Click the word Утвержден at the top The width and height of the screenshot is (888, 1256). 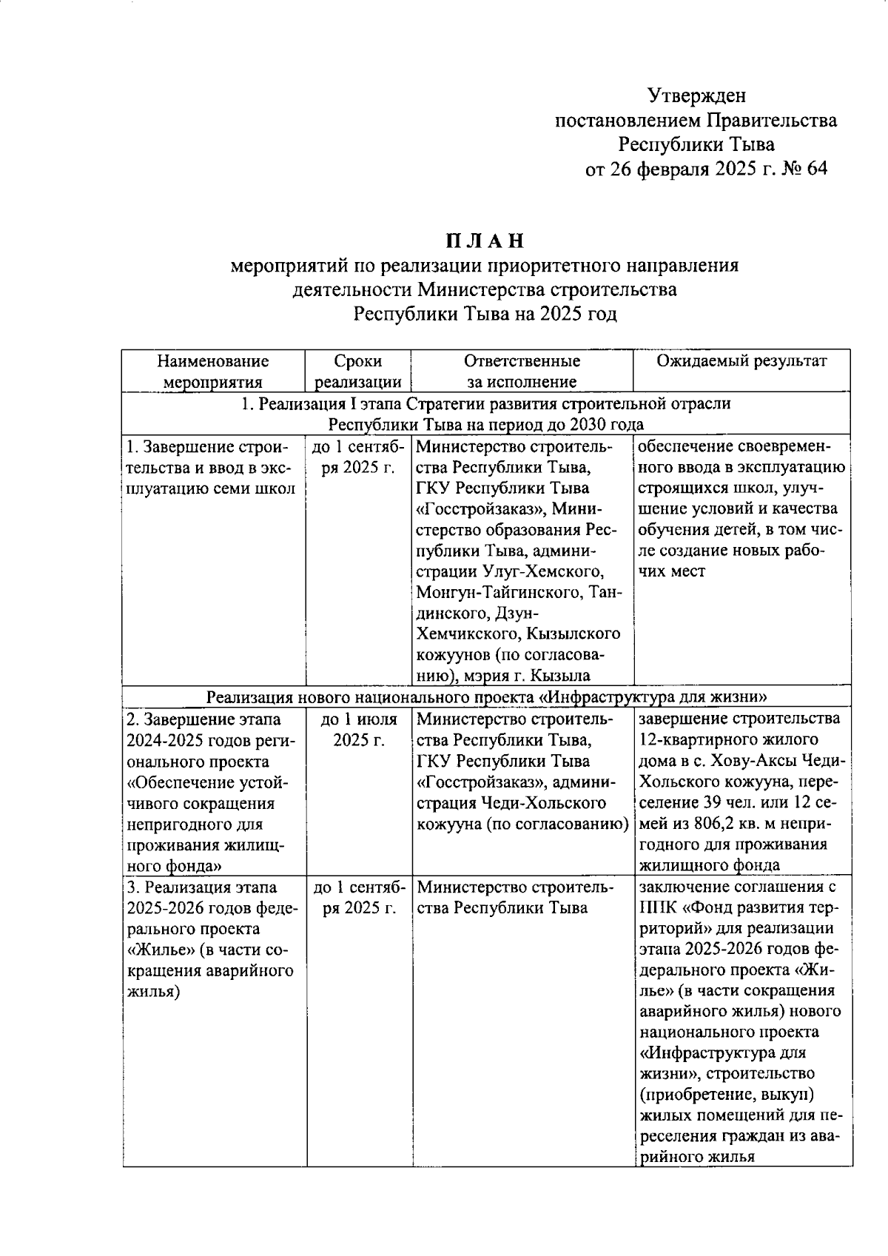[x=696, y=95]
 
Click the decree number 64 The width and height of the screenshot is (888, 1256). [x=812, y=169]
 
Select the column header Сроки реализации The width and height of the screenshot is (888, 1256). [x=358, y=372]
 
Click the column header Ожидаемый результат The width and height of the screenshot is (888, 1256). [x=741, y=361]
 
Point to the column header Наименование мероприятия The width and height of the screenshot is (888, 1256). [x=213, y=372]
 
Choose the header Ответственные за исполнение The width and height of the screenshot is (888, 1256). [x=522, y=372]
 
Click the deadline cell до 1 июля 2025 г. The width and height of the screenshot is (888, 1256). [x=358, y=729]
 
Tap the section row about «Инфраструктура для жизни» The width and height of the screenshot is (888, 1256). [x=485, y=696]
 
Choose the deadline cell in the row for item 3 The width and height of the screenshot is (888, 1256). [x=358, y=897]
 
